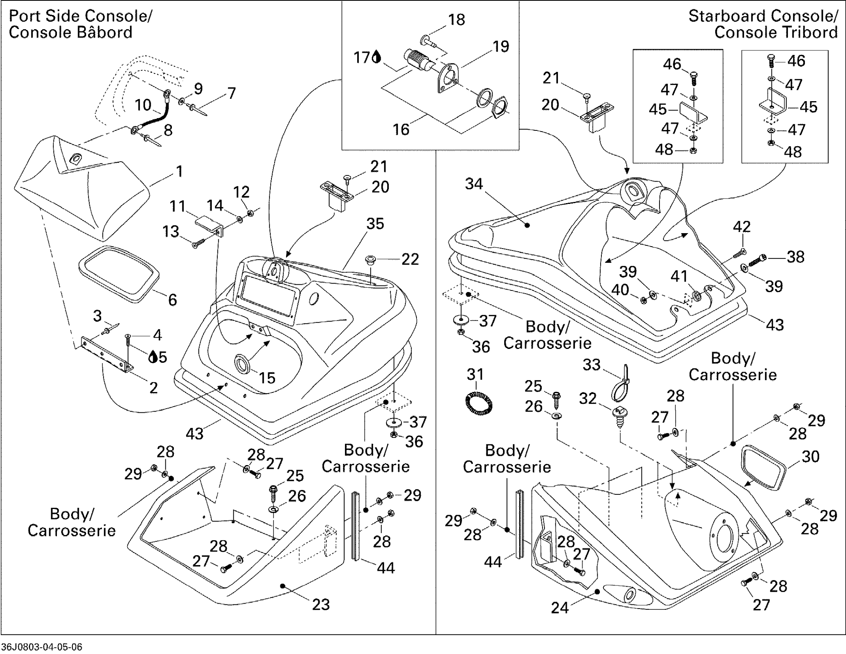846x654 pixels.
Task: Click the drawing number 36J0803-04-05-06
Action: (x=42, y=647)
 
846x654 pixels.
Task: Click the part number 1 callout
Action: (x=179, y=171)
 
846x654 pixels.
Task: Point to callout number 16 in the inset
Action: (x=401, y=129)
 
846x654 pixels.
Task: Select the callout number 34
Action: (x=474, y=184)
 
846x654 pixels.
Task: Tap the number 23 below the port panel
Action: (x=321, y=604)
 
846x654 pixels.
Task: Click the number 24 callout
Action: (x=560, y=608)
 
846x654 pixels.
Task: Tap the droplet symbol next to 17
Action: (x=376, y=58)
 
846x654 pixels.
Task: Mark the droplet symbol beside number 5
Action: (x=153, y=357)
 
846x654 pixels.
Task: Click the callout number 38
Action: (x=796, y=257)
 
